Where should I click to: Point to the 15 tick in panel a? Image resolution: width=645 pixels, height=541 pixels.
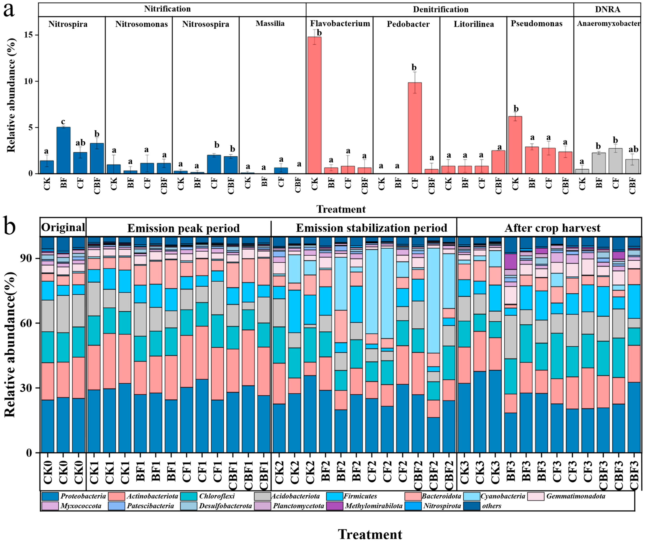pyautogui.click(x=29, y=35)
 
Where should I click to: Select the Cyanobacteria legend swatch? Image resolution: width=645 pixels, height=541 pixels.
pyautogui.click(x=471, y=496)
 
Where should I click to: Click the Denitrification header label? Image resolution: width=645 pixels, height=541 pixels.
pyautogui.click(x=440, y=9)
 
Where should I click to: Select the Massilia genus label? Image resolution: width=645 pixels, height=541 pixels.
pyautogui.click(x=270, y=23)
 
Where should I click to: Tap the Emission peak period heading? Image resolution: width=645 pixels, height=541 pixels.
pyautogui.click(x=183, y=228)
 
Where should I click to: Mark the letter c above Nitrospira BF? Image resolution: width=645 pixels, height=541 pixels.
pyautogui.click(x=63, y=122)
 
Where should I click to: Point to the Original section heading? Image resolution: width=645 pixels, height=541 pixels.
pyautogui.click(x=63, y=228)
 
